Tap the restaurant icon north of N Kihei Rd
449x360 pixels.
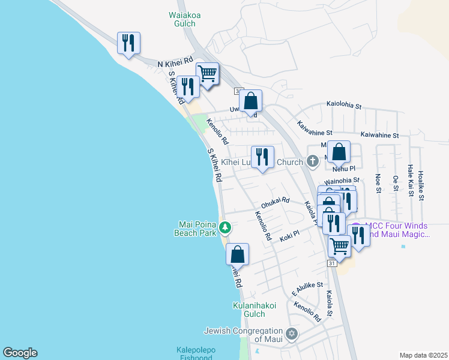click(x=128, y=43)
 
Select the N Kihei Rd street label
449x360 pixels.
click(x=175, y=62)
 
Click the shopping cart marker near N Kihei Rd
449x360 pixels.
click(x=207, y=74)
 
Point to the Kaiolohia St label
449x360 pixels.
click(x=344, y=106)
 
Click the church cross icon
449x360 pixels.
click(x=312, y=161)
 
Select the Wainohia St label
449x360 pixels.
click(x=342, y=180)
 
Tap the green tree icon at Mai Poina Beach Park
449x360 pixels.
click(x=224, y=227)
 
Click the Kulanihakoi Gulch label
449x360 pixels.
click(x=254, y=310)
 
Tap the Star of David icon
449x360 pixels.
click(x=292, y=334)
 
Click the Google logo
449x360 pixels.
click(x=20, y=353)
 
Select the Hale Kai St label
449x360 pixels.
click(x=411, y=181)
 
